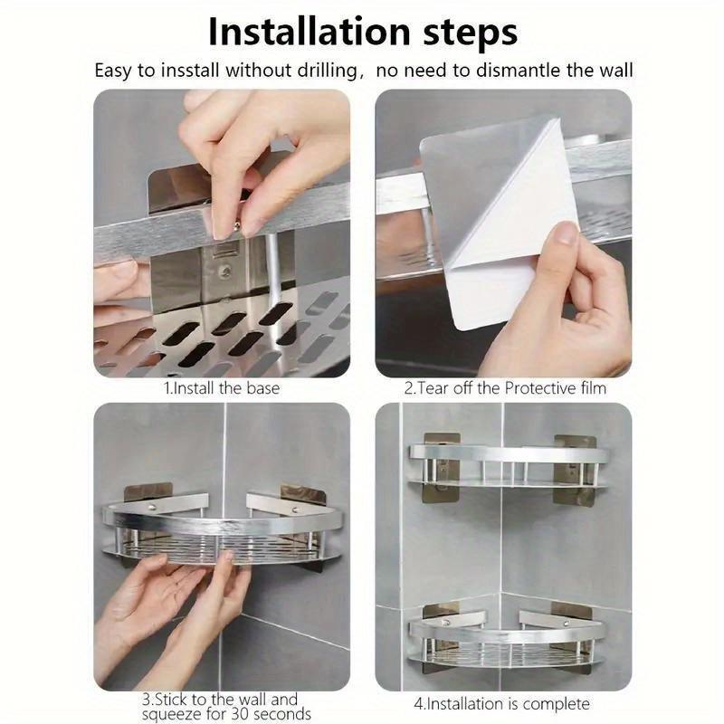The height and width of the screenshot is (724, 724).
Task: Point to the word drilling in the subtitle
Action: pos(318,71)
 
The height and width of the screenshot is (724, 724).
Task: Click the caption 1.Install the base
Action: pos(221,388)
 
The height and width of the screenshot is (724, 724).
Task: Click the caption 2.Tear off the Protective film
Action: pos(505,388)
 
